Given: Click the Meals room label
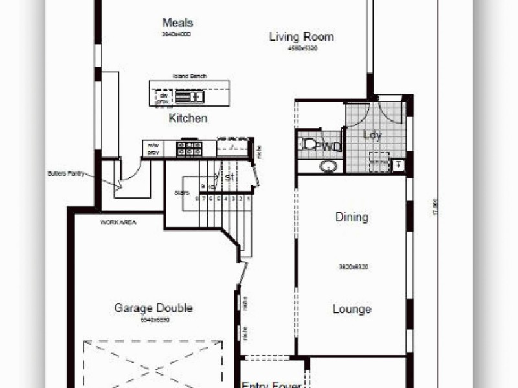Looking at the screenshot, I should point(177,23).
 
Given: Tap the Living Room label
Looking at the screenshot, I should point(301,36).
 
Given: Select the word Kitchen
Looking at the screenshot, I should point(188,118).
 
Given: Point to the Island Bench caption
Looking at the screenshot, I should point(189,76).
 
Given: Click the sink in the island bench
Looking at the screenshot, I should point(189,97).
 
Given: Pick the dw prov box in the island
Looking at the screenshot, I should point(163,98).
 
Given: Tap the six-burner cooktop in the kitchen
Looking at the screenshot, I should point(190,149).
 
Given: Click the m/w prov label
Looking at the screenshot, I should point(153,149).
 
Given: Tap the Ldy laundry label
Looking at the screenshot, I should point(372,135).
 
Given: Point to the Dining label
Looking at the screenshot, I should point(352,217).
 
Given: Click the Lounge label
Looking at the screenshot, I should point(352,308).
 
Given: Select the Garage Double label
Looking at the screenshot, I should point(153,308).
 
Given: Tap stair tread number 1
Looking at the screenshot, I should point(248,200).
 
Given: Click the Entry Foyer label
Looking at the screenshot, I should point(271,385).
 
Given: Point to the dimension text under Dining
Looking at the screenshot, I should point(353,266).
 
